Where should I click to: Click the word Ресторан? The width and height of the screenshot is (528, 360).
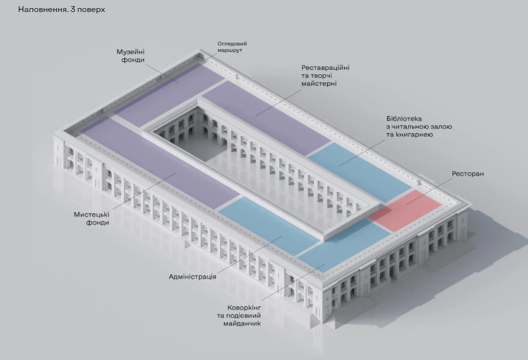click(468, 174)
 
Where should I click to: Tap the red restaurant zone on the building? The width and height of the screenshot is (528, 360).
click(405, 210)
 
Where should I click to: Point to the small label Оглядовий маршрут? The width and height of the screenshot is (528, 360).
click(232, 46)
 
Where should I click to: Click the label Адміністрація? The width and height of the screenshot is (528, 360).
click(193, 276)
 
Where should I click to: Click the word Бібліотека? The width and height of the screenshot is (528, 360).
click(404, 119)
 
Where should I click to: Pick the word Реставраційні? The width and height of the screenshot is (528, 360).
click(325, 67)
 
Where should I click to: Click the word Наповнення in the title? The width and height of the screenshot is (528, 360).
click(40, 10)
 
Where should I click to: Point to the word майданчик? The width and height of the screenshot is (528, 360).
click(242, 324)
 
